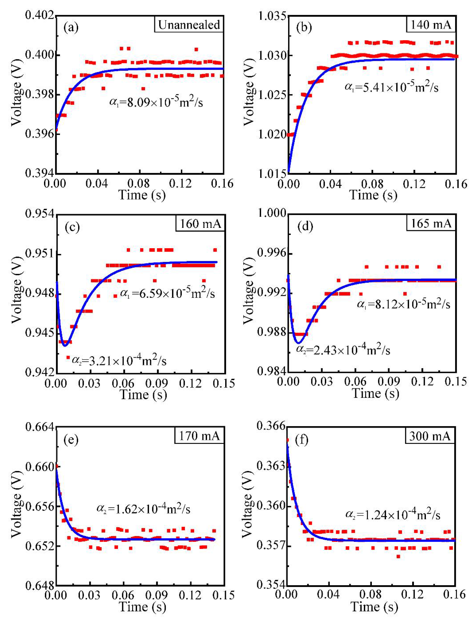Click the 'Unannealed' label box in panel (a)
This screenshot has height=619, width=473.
(x=189, y=25)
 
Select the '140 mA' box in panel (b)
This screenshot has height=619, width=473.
(x=431, y=25)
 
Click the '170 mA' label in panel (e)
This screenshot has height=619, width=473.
(x=199, y=436)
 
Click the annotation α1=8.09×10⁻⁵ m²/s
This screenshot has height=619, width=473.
(x=156, y=102)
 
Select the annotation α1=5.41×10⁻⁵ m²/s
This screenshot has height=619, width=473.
(x=391, y=87)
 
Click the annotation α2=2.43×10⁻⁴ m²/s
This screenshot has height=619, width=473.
(x=343, y=350)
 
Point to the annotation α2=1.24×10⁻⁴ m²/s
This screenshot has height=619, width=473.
(x=393, y=515)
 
